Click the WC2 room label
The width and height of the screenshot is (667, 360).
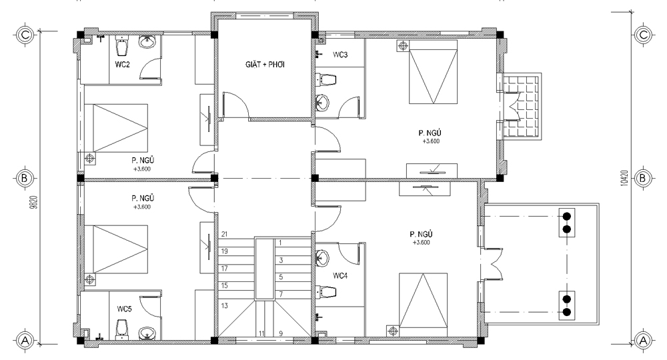click(122, 65)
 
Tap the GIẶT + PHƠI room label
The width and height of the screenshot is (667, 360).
click(265, 65)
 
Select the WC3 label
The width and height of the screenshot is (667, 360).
click(340, 55)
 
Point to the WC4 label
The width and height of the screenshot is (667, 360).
click(340, 276)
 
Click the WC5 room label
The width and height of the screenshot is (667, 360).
click(124, 309)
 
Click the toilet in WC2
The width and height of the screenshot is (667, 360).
click(122, 45)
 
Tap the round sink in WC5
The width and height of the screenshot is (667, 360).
click(147, 333)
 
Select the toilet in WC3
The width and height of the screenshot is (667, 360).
click(326, 79)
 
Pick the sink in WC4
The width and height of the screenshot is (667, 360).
click(322, 257)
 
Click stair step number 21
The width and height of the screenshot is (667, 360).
click(225, 234)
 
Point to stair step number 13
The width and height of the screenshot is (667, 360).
click(225, 305)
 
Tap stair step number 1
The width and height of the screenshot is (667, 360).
click(280, 243)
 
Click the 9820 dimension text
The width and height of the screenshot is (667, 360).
click(35, 202)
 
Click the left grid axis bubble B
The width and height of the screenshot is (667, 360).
click(24, 178)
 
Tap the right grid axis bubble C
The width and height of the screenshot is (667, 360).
click(643, 35)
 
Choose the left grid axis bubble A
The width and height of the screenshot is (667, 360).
click(25, 341)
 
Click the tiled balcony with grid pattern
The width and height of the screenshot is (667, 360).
click(522, 107)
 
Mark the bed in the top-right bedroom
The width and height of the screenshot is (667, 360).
click(433, 72)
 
